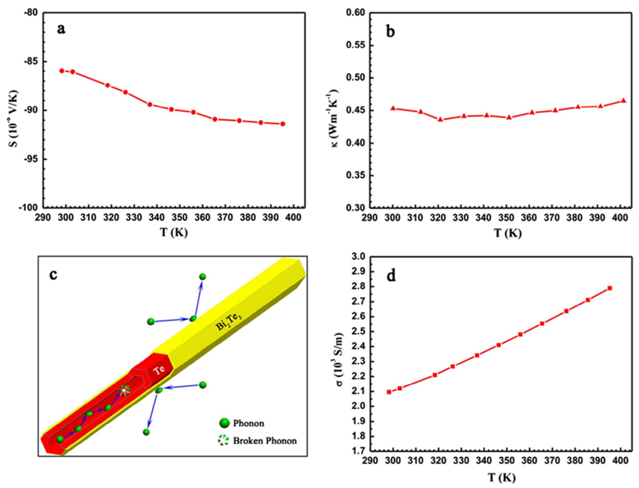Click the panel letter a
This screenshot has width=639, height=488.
[61, 29]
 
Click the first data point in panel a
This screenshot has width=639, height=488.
[62, 71]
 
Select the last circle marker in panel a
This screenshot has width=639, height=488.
[282, 124]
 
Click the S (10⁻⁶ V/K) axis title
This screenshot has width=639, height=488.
[13, 110]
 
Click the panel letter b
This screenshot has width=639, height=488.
[391, 31]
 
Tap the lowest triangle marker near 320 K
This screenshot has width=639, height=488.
[440, 119]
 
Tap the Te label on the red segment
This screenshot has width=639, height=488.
[159, 370]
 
